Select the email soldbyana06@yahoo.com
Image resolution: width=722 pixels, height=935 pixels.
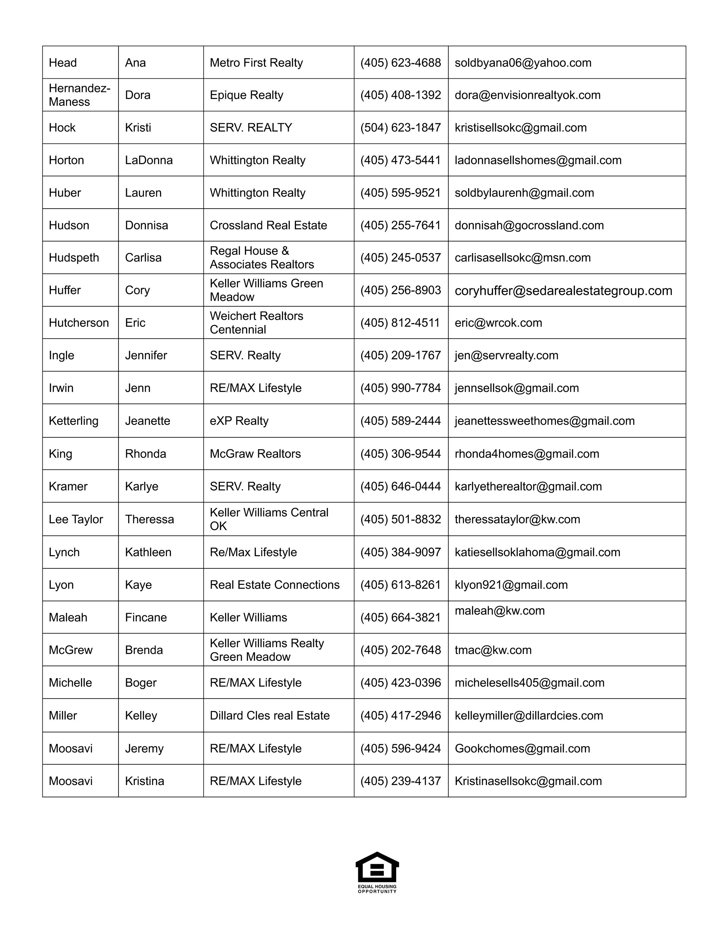click(x=523, y=63)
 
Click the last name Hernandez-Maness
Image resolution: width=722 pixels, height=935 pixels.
click(x=79, y=95)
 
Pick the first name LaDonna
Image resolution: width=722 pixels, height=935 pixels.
click(x=149, y=160)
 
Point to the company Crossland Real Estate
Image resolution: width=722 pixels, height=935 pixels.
click(x=268, y=225)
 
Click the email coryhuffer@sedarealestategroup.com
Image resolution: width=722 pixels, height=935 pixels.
click(x=563, y=291)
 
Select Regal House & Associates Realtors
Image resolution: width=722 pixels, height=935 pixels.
click(x=262, y=257)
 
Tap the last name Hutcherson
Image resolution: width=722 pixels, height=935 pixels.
click(x=79, y=322)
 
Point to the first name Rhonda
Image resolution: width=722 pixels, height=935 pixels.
click(x=145, y=454)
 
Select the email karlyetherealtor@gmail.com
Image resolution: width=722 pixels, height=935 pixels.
click(x=528, y=486)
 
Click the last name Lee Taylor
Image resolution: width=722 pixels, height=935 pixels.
click(x=76, y=519)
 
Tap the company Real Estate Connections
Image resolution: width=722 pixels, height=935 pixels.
click(x=274, y=585)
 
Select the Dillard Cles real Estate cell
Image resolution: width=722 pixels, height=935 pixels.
click(x=270, y=715)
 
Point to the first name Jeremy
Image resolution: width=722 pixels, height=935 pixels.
click(x=144, y=748)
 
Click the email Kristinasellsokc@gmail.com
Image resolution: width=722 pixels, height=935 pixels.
click(x=528, y=781)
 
